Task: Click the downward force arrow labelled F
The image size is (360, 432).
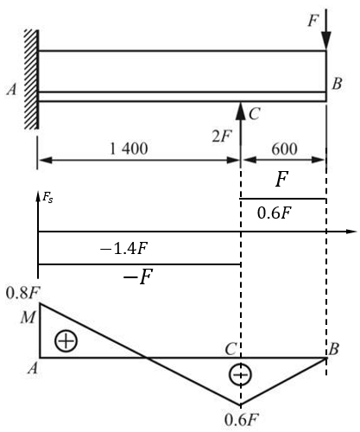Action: click(326, 29)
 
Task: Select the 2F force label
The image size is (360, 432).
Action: click(222, 137)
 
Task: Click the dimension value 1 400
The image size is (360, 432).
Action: click(129, 149)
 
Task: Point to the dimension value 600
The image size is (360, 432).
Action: click(284, 149)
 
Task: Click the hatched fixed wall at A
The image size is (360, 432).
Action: click(31, 79)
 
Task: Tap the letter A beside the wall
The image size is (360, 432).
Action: click(12, 89)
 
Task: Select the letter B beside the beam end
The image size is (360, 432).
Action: click(337, 84)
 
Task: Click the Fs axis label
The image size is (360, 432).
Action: click(47, 198)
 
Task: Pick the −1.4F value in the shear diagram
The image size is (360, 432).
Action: click(124, 248)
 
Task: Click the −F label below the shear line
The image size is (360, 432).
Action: click(138, 276)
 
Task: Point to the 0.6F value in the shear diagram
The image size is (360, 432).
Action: click(275, 213)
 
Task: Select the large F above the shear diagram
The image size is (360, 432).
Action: click(281, 179)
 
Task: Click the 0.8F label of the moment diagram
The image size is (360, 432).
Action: click(22, 294)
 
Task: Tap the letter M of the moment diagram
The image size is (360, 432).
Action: click(28, 318)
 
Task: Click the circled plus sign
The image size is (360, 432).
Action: click(66, 341)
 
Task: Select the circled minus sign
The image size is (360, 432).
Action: click(240, 374)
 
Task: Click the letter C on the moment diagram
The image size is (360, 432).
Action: click(231, 349)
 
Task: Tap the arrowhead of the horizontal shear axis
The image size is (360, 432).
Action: click(351, 232)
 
